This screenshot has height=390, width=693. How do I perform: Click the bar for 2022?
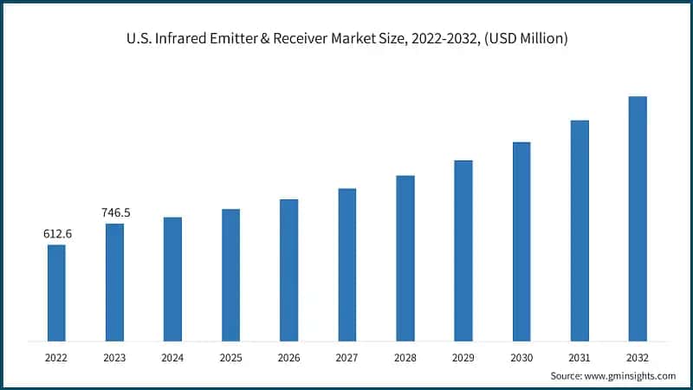coord(56,292)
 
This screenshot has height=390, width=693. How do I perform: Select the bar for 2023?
coord(114,282)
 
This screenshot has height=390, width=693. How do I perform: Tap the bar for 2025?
coord(230,274)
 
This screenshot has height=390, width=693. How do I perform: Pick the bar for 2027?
coord(347,263)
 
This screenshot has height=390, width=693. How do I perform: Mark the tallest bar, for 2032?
coord(638,218)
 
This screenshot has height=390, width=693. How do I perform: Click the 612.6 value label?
coord(57,234)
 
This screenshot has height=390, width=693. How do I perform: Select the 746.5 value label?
coord(114,212)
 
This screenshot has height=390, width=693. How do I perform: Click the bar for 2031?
coord(580,230)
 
